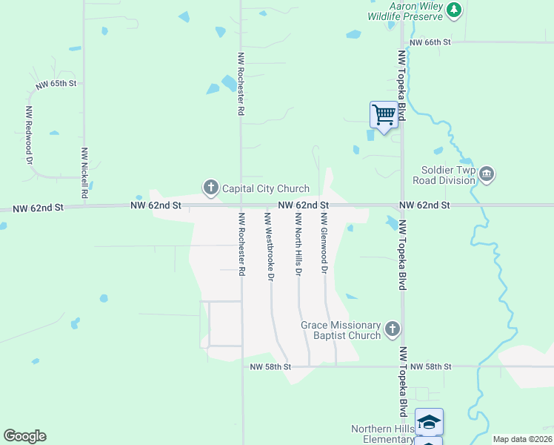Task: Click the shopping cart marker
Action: click(x=384, y=115)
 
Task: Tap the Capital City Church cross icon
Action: click(x=210, y=188)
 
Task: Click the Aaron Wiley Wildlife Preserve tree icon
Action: click(x=453, y=10)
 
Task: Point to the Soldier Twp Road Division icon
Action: click(x=487, y=174)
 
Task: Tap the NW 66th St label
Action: click(x=430, y=42)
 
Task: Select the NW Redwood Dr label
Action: click(x=29, y=135)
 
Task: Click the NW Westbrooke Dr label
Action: click(x=269, y=246)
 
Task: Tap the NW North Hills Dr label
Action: click(x=298, y=243)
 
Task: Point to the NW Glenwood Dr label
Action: click(x=324, y=243)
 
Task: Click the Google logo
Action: click(x=24, y=436)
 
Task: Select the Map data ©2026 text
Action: click(x=522, y=439)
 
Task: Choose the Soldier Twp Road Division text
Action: click(x=444, y=175)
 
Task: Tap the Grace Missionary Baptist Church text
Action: click(x=341, y=330)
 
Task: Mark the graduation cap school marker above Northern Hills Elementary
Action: click(x=429, y=421)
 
